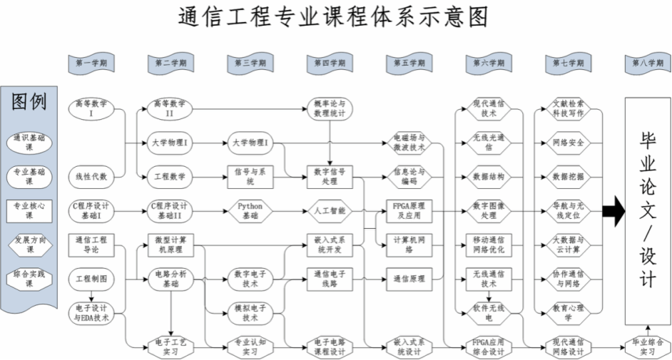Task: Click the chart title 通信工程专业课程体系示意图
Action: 335,18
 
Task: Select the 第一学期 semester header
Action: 91,63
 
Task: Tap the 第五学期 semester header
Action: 409,63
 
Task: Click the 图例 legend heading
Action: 29,102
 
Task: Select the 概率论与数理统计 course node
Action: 330,108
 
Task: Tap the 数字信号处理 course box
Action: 330,176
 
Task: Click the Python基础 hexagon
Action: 250,210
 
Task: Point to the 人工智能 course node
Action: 330,210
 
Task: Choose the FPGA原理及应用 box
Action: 409,210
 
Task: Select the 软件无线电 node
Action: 489,312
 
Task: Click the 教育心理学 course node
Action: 569,312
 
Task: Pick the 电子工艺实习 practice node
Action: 170,346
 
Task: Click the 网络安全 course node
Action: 569,142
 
